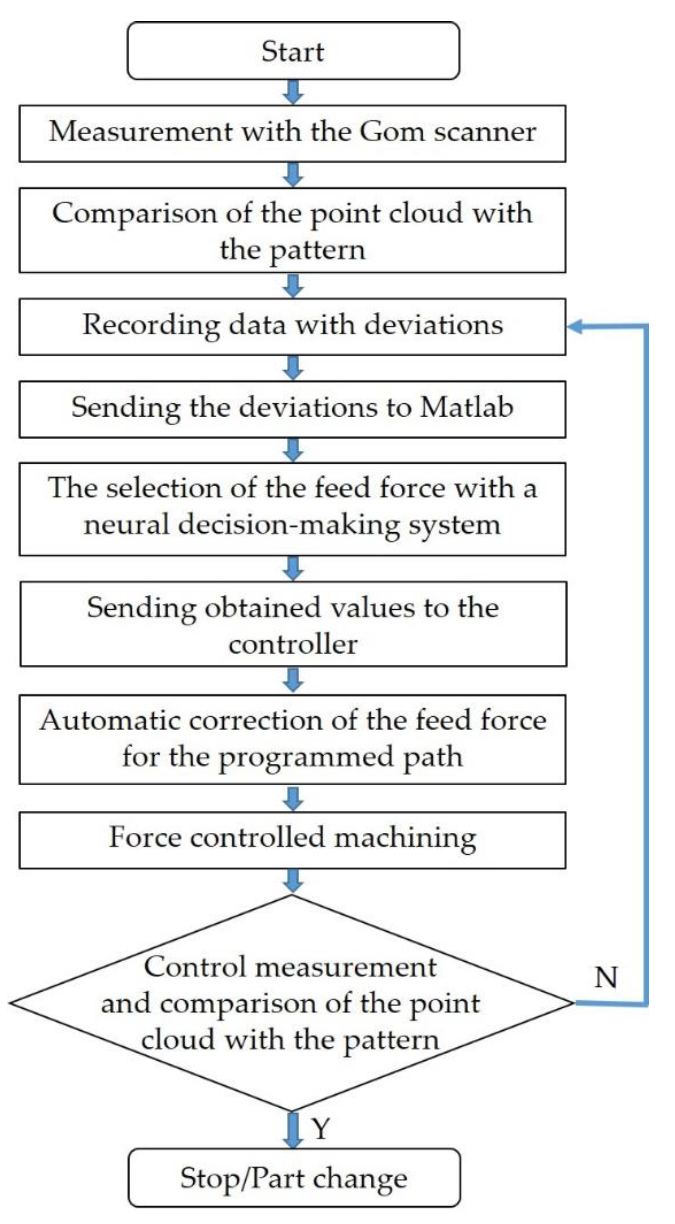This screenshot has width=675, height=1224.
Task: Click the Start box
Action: [x=293, y=51]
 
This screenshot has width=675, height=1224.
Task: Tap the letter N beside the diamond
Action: [x=606, y=978]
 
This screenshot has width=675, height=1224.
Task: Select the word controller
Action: [x=293, y=644]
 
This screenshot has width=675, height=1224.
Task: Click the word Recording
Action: [x=151, y=325]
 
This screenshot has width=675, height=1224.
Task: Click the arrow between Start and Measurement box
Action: [x=293, y=92]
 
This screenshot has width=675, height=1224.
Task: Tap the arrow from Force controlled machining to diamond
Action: [x=293, y=880]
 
